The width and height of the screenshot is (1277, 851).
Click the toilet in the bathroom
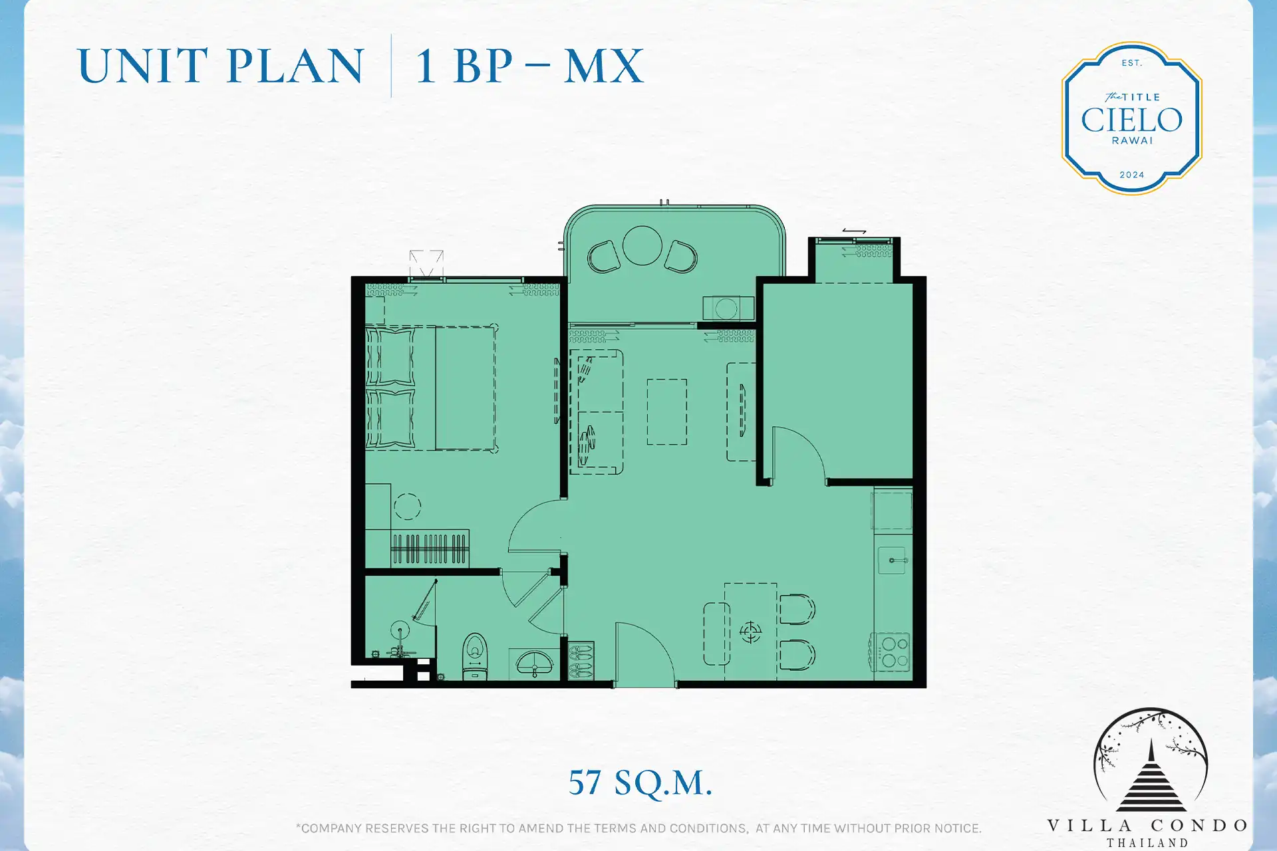[475, 656]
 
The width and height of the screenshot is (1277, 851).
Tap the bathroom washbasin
[535, 664]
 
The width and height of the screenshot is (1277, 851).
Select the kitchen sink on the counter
[893, 560]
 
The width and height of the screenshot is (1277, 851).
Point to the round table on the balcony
[642, 245]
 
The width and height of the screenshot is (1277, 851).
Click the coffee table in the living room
[666, 412]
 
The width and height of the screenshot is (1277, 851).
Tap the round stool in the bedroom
[407, 507]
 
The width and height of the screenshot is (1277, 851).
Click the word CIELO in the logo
[1131, 120]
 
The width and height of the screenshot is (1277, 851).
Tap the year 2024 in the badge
[1131, 175]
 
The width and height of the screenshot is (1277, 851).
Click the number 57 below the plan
[585, 783]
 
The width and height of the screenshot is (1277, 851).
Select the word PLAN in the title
[295, 66]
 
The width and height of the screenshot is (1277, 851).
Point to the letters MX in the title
[604, 66]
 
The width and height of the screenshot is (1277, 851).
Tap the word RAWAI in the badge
[1131, 141]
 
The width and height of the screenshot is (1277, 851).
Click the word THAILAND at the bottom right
[1147, 843]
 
